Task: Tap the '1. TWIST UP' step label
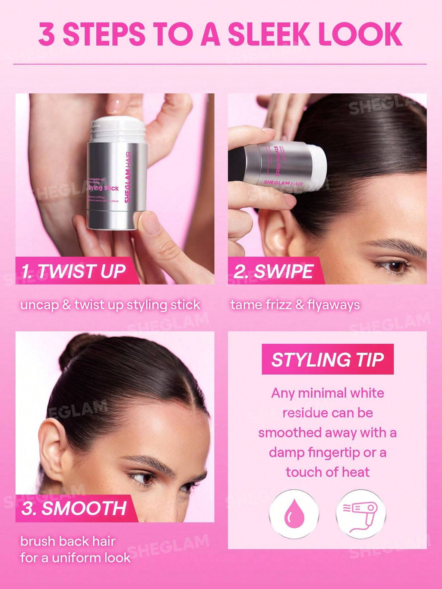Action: pos(73,271)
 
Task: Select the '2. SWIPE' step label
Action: pos(273,271)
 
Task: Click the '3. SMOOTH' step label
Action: pos(74,508)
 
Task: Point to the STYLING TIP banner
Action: pos(328,359)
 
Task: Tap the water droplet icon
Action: pos(294,514)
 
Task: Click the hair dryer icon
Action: pos(361,514)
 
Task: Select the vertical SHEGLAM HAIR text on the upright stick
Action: pos(128,177)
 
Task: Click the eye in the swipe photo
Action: pos(395,266)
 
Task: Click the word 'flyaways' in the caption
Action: pos(333,305)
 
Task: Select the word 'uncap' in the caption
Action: pos(39,305)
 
